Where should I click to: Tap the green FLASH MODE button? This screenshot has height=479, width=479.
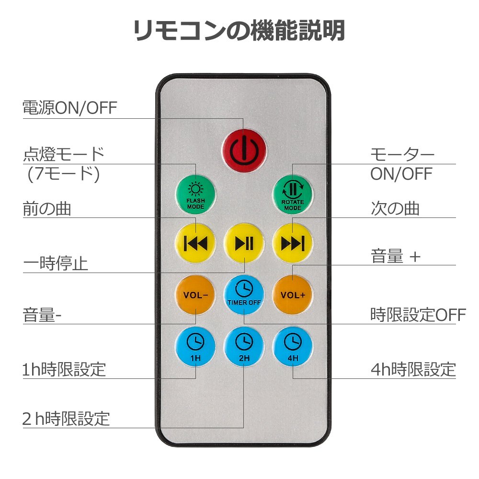coord(195,195)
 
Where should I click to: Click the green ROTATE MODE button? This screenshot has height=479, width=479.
coord(293,195)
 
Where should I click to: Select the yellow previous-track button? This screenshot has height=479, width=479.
coord(195,243)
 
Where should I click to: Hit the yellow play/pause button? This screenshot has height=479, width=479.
coord(244,243)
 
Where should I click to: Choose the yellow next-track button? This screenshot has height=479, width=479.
coord(293,243)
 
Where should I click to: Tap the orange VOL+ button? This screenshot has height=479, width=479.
coord(293,295)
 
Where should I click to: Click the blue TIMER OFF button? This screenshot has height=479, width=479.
coord(244,295)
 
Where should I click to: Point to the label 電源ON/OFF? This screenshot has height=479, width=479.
coord(70,108)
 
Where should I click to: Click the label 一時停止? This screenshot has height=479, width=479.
coord(56,263)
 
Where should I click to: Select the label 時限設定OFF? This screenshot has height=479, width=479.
coord(418,315)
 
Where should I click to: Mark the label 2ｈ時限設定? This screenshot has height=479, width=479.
coord(66,418)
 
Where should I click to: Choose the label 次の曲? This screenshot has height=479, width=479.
coord(395,208)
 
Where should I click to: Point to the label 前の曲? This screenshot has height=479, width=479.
coord(47,208)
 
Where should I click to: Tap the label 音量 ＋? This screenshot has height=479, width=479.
coord(396,257)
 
